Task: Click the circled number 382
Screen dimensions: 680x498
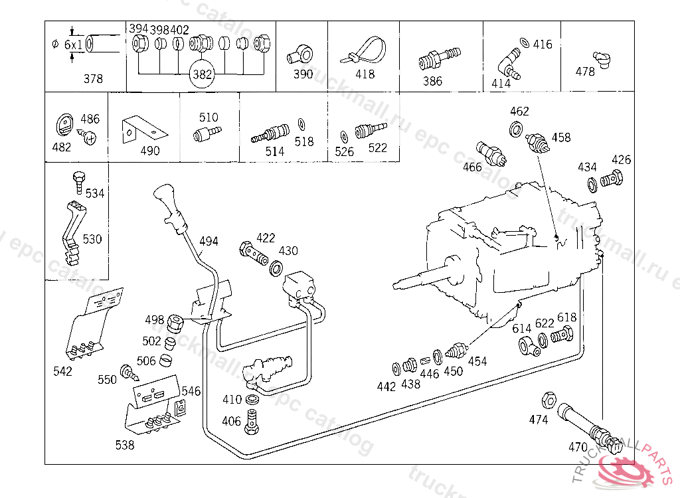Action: pyautogui.click(x=202, y=74)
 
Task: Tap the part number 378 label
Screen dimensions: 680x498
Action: pyautogui.click(x=93, y=78)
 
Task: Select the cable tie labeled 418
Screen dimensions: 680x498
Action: pyautogui.click(x=364, y=51)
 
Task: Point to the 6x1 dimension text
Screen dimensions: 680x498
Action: pyautogui.click(x=73, y=44)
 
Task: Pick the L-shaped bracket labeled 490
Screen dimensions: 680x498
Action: pyautogui.click(x=144, y=129)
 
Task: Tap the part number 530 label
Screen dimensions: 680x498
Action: pyautogui.click(x=92, y=239)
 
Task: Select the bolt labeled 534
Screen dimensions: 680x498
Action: pyautogui.click(x=79, y=182)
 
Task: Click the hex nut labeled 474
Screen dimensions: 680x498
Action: pyautogui.click(x=549, y=400)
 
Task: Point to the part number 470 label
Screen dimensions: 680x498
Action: pyautogui.click(x=578, y=447)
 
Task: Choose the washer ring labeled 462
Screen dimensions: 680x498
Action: pyautogui.click(x=515, y=129)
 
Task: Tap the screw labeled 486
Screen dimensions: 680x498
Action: pyautogui.click(x=87, y=137)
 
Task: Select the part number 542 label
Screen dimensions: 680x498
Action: pyautogui.click(x=63, y=371)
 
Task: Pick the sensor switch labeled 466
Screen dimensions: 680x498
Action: pyautogui.click(x=491, y=154)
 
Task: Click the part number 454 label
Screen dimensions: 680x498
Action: pyautogui.click(x=477, y=361)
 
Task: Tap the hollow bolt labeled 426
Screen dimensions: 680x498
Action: pyautogui.click(x=612, y=179)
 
